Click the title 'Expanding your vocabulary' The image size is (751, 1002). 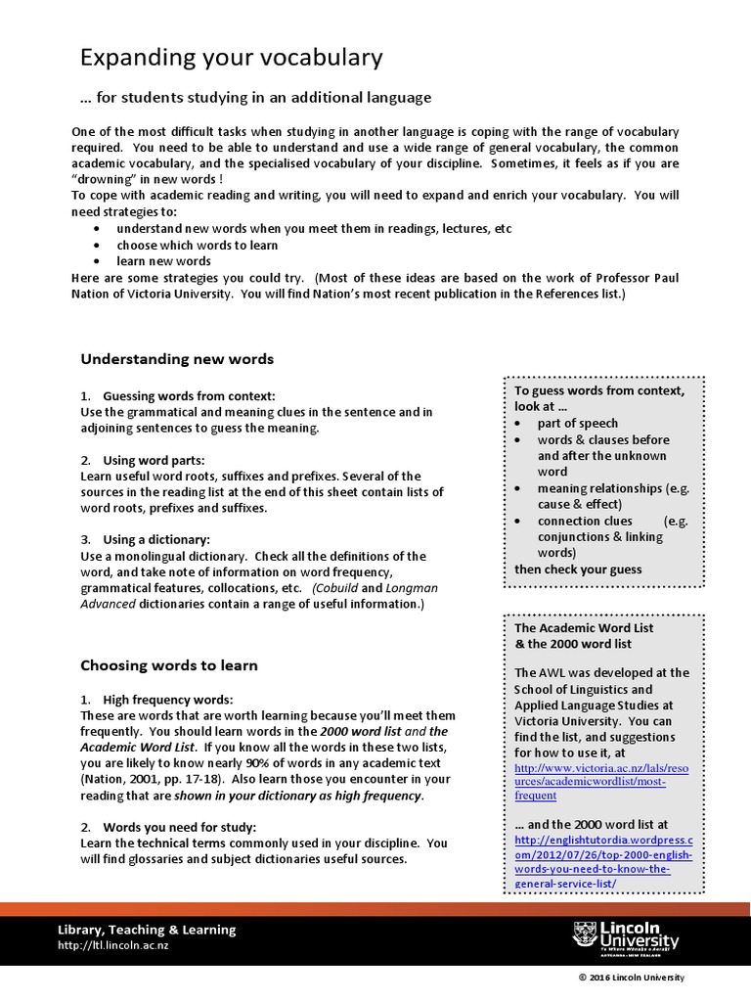click(231, 59)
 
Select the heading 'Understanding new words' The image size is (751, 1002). click(176, 359)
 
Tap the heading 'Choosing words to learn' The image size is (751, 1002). click(168, 665)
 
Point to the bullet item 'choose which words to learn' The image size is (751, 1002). click(198, 246)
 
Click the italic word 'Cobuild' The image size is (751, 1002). click(335, 588)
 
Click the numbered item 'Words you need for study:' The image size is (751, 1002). click(179, 827)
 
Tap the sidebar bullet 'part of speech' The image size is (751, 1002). click(577, 423)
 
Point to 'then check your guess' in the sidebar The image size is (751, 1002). click(578, 569)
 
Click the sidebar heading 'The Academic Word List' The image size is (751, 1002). click(584, 627)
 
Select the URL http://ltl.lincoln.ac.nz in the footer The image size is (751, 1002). click(113, 945)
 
